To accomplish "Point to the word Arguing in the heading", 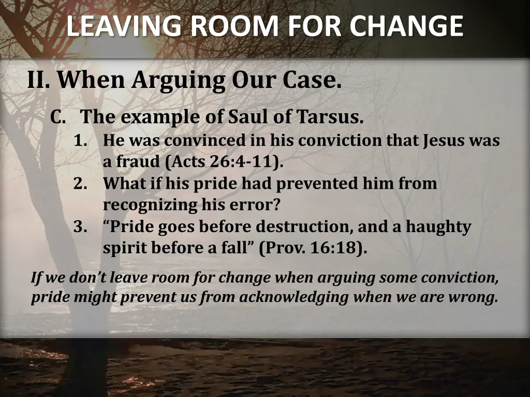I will pyautogui.click(x=178, y=81).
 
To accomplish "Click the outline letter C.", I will pyautogui.click(x=57, y=117).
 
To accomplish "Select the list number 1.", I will pyautogui.click(x=80, y=141).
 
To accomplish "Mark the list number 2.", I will pyautogui.click(x=80, y=184).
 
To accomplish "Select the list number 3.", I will pyautogui.click(x=80, y=227).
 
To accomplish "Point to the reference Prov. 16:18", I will pyautogui.click(x=313, y=248).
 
